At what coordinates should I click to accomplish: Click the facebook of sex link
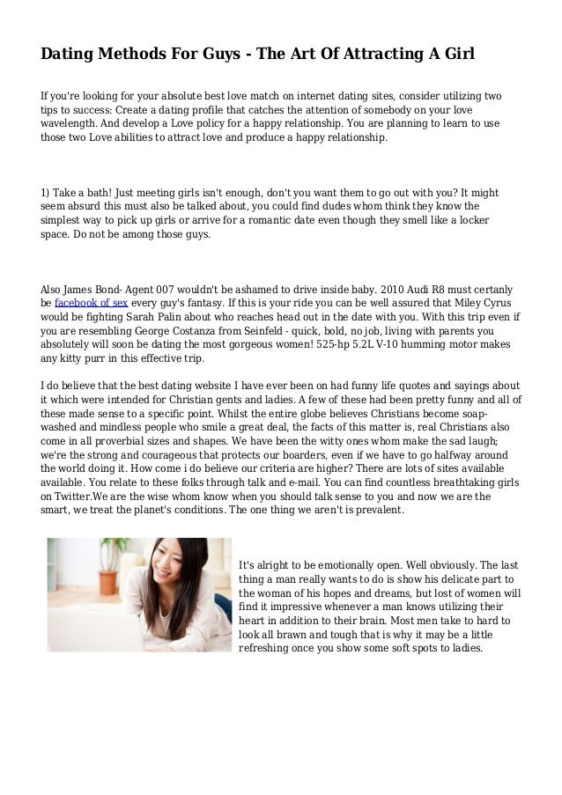click(x=92, y=304)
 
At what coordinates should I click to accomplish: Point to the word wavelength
click(x=71, y=124)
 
